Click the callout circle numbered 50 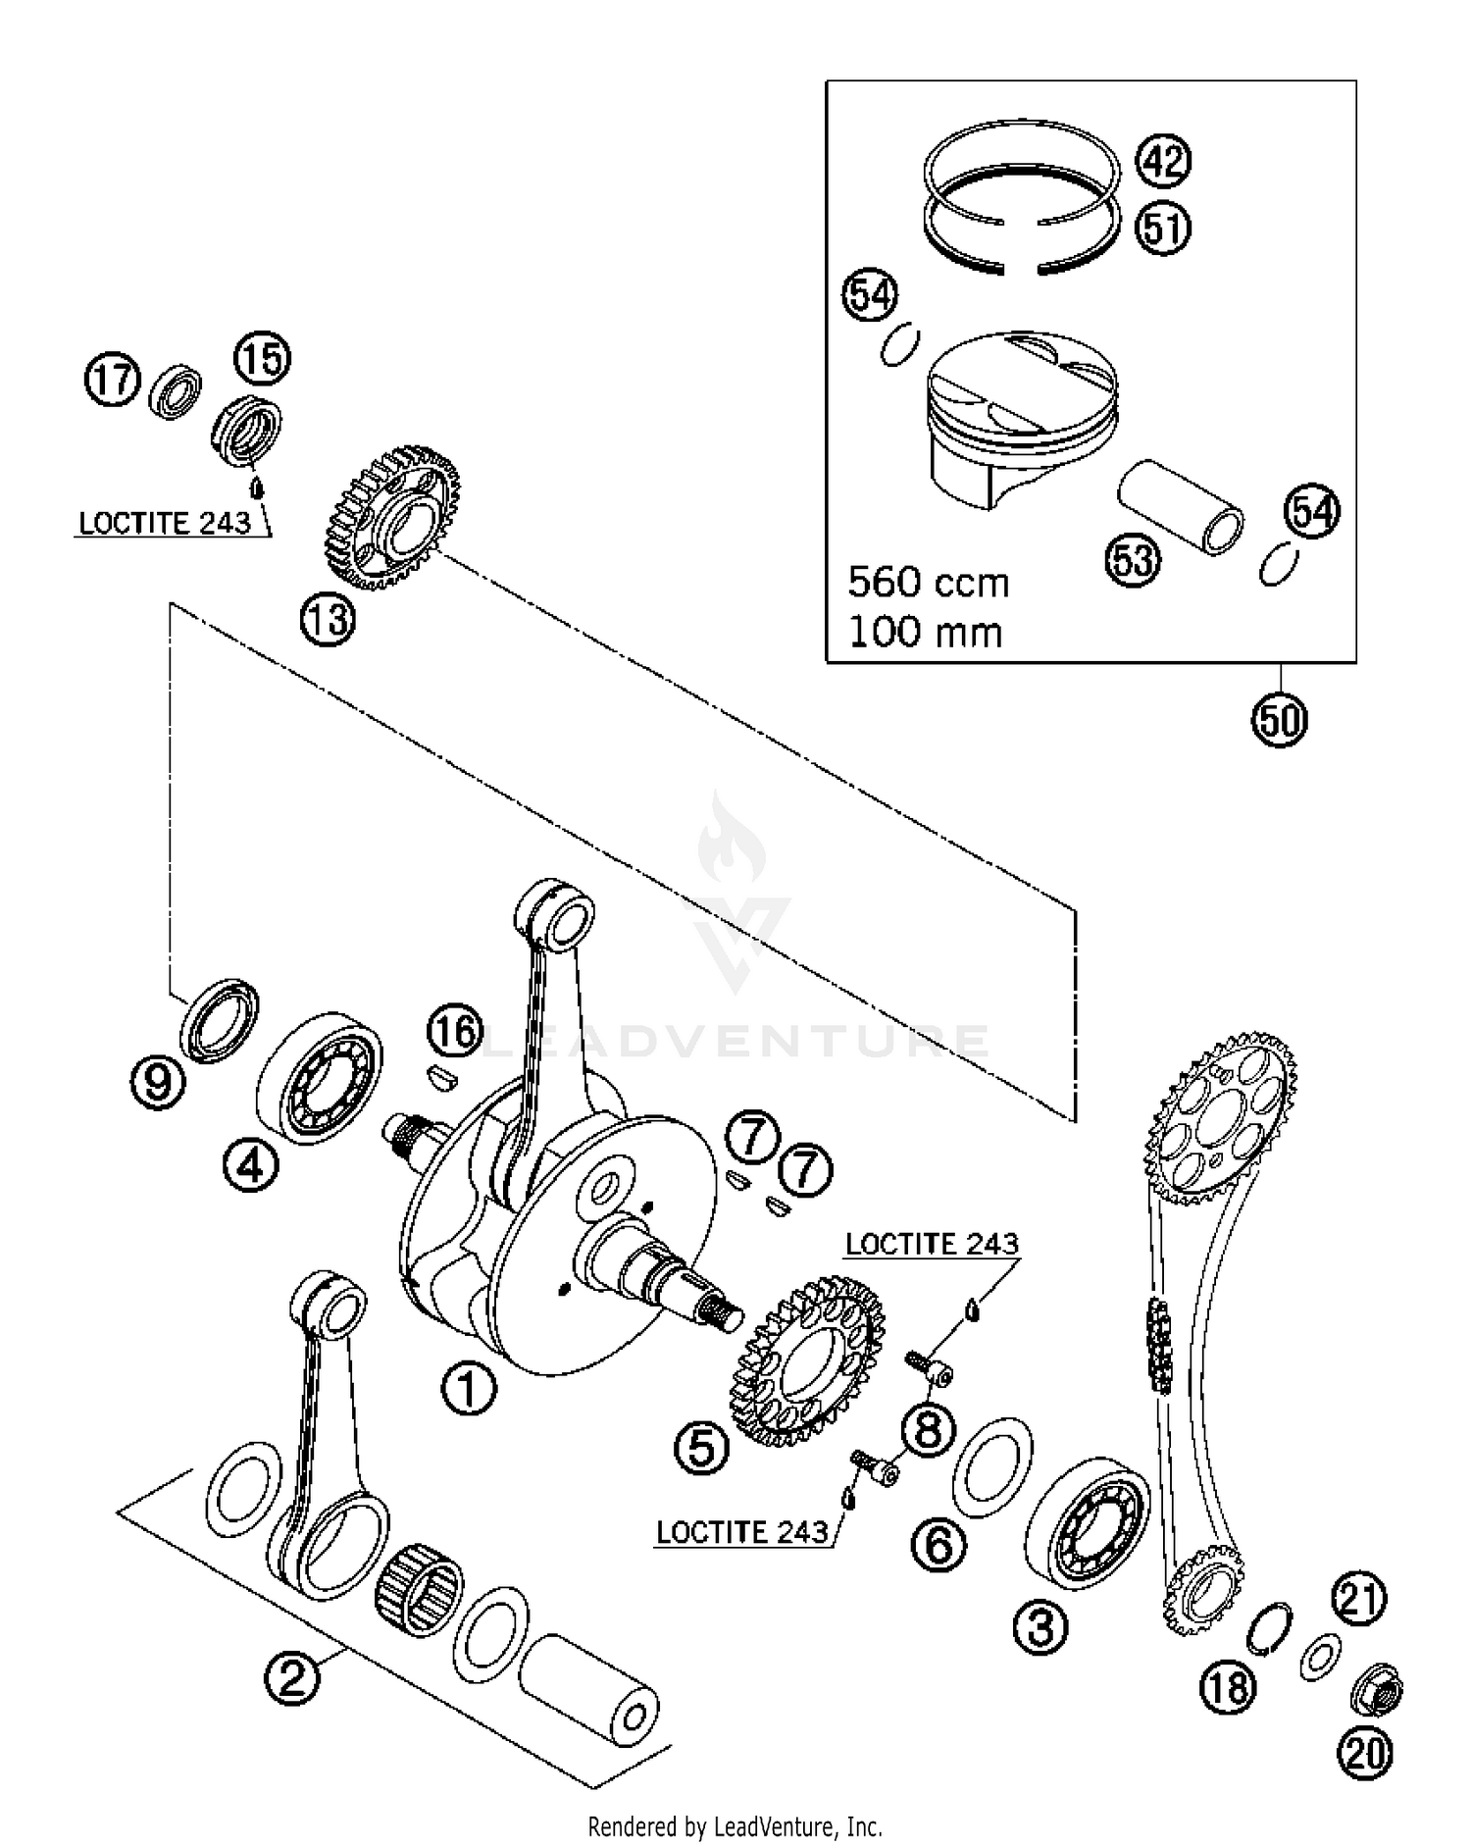pyautogui.click(x=1280, y=721)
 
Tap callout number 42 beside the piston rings pyautogui.click(x=1163, y=160)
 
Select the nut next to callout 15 pyautogui.click(x=249, y=431)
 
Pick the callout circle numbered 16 pyautogui.click(x=455, y=1032)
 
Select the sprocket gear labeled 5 pyautogui.click(x=808, y=1360)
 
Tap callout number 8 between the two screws pyautogui.click(x=927, y=1428)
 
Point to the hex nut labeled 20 pyautogui.click(x=1377, y=1691)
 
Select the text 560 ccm pyautogui.click(x=928, y=583)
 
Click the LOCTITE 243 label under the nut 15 pyautogui.click(x=165, y=523)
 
